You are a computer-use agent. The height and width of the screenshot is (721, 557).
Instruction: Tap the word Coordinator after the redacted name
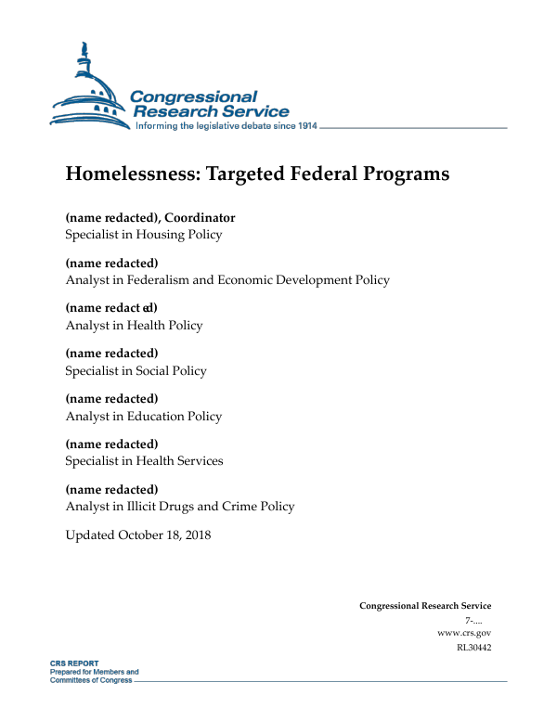[x=200, y=218]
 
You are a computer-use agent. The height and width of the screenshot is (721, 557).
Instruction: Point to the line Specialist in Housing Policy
[x=143, y=235]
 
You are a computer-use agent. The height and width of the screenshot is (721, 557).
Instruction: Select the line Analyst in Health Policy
[x=134, y=326]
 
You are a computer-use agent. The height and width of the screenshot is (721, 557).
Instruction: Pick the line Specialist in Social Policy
[x=136, y=371]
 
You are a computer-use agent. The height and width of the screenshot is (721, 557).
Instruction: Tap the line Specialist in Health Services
[x=144, y=461]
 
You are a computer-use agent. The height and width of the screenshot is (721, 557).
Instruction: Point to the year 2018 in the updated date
[x=196, y=535]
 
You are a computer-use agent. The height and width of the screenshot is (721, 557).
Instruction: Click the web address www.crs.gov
[x=463, y=633]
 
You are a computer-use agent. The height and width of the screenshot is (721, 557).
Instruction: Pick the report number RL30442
[x=473, y=648]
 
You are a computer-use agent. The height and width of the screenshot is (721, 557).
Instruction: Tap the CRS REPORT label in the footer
[x=74, y=664]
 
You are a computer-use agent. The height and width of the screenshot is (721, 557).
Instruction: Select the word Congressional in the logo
[x=193, y=97]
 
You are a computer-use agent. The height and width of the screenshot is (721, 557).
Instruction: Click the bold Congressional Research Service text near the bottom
[x=425, y=606]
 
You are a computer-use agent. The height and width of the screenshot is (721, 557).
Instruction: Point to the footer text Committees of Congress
[x=91, y=680]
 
